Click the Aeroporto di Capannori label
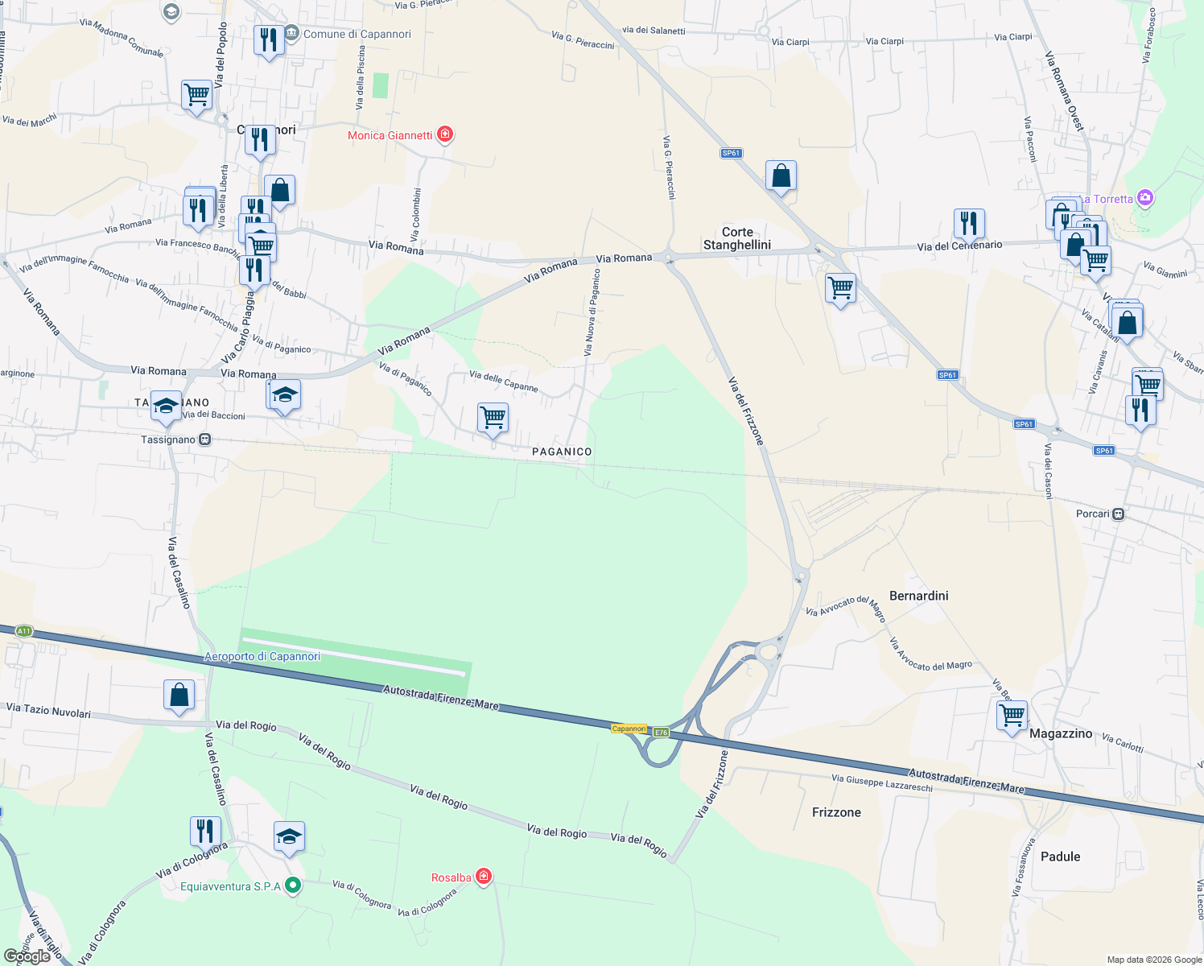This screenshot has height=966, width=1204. (262, 656)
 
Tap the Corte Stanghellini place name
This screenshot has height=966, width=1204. (737, 238)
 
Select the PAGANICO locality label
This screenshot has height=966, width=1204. (562, 452)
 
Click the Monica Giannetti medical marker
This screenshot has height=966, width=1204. (445, 134)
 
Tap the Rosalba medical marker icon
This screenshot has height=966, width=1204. (484, 877)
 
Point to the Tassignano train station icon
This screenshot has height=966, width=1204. (205, 440)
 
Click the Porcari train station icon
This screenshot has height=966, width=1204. (1118, 514)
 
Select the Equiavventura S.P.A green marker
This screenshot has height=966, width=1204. (293, 886)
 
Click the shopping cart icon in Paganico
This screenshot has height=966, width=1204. (493, 418)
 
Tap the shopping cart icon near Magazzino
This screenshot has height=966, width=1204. (1012, 715)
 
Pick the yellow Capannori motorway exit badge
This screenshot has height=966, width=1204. (629, 729)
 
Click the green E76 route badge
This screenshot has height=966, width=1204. (661, 732)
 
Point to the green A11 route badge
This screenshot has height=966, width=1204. (23, 631)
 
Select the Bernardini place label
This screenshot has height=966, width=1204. (918, 596)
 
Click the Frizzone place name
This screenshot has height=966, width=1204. (836, 812)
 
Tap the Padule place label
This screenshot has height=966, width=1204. (1060, 857)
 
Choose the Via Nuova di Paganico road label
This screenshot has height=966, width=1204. (592, 312)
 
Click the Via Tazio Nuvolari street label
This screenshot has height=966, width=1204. (48, 710)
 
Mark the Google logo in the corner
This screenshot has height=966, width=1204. (27, 956)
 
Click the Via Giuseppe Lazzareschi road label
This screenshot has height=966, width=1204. (881, 782)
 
